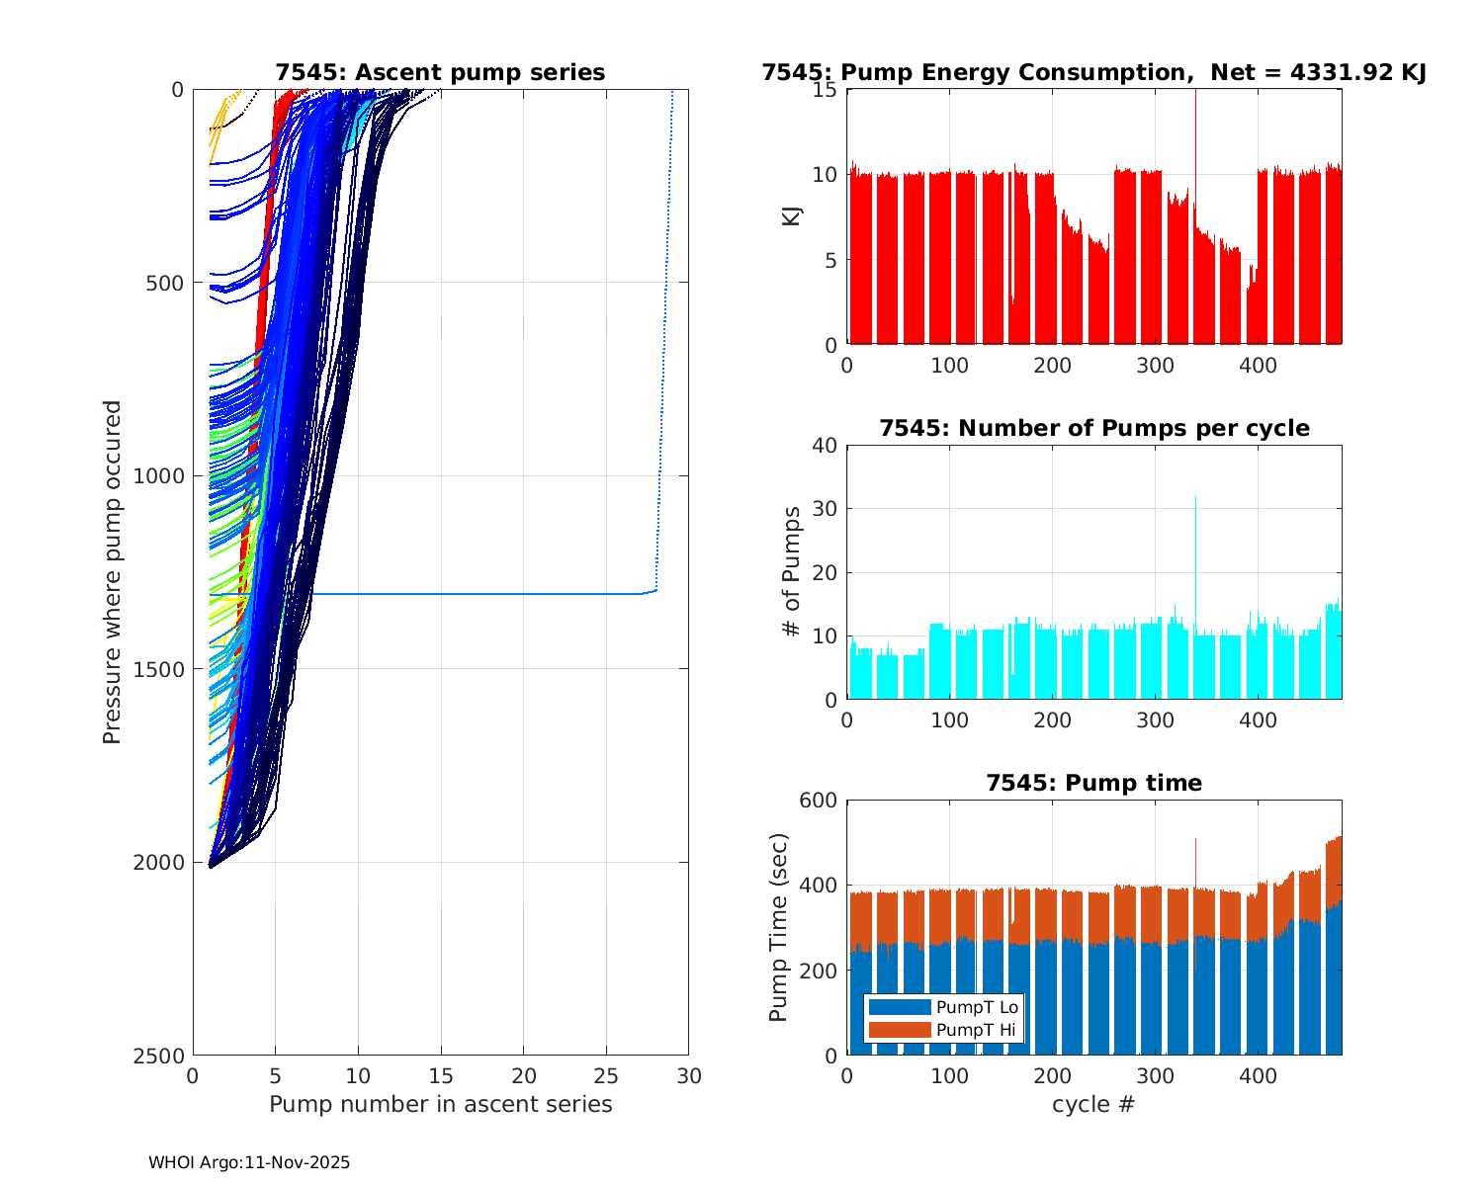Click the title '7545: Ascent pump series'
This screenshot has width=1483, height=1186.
tap(440, 73)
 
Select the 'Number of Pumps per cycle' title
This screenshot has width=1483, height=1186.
tap(1093, 429)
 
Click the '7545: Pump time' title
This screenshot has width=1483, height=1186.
tap(1093, 784)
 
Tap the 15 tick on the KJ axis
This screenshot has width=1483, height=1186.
tap(826, 90)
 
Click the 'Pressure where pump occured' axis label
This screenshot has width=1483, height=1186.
tap(112, 572)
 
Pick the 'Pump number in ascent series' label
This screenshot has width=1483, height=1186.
tap(440, 1104)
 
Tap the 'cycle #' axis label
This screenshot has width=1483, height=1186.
tap(1093, 1104)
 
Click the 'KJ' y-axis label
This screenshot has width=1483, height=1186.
tap(791, 215)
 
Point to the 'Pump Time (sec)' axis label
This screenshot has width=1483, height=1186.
tap(778, 927)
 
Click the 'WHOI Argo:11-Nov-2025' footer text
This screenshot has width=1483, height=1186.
tap(249, 1163)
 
